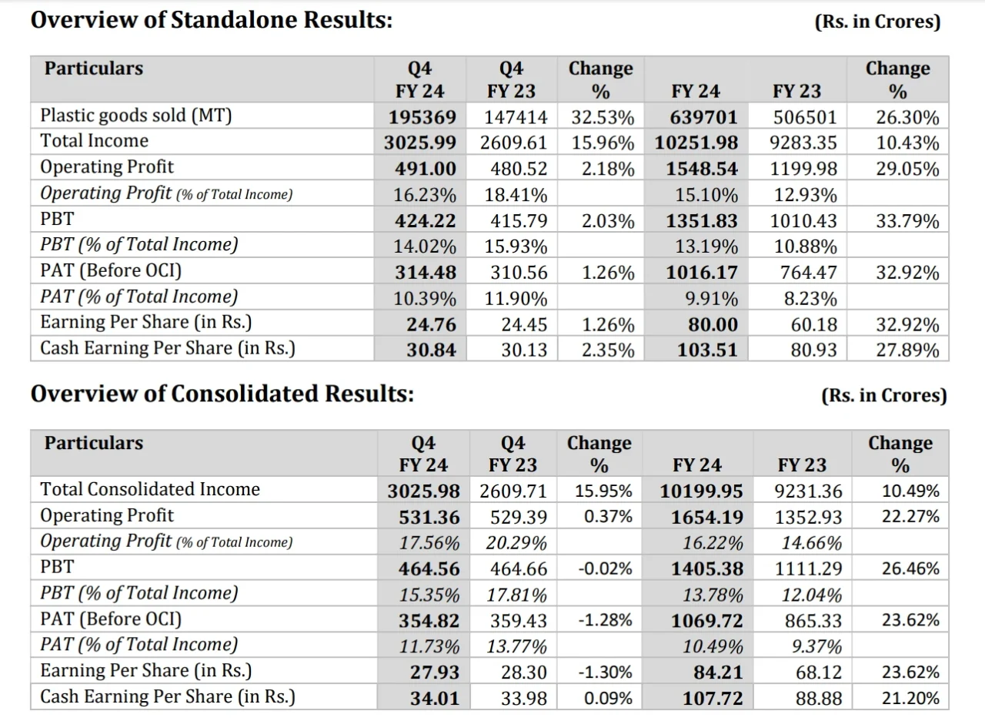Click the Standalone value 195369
coord(422,117)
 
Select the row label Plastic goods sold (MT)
coord(136,116)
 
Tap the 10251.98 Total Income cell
coord(696,143)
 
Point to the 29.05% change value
coord(907,169)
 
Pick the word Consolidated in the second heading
coord(245,394)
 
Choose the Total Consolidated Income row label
coord(150,489)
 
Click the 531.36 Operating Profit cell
coord(429,517)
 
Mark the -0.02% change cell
coord(605,568)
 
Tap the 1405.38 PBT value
coord(707,568)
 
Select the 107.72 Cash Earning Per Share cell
coord(713,698)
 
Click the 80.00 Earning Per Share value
coord(713,324)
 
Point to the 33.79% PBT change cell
coord(907,220)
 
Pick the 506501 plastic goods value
coord(805,117)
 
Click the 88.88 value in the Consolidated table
coord(818,698)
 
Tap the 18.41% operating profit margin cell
coord(516,195)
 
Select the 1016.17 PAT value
coord(702,273)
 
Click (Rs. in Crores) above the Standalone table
coord(877,21)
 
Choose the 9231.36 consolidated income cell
coord(808,491)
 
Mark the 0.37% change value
coord(608,517)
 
